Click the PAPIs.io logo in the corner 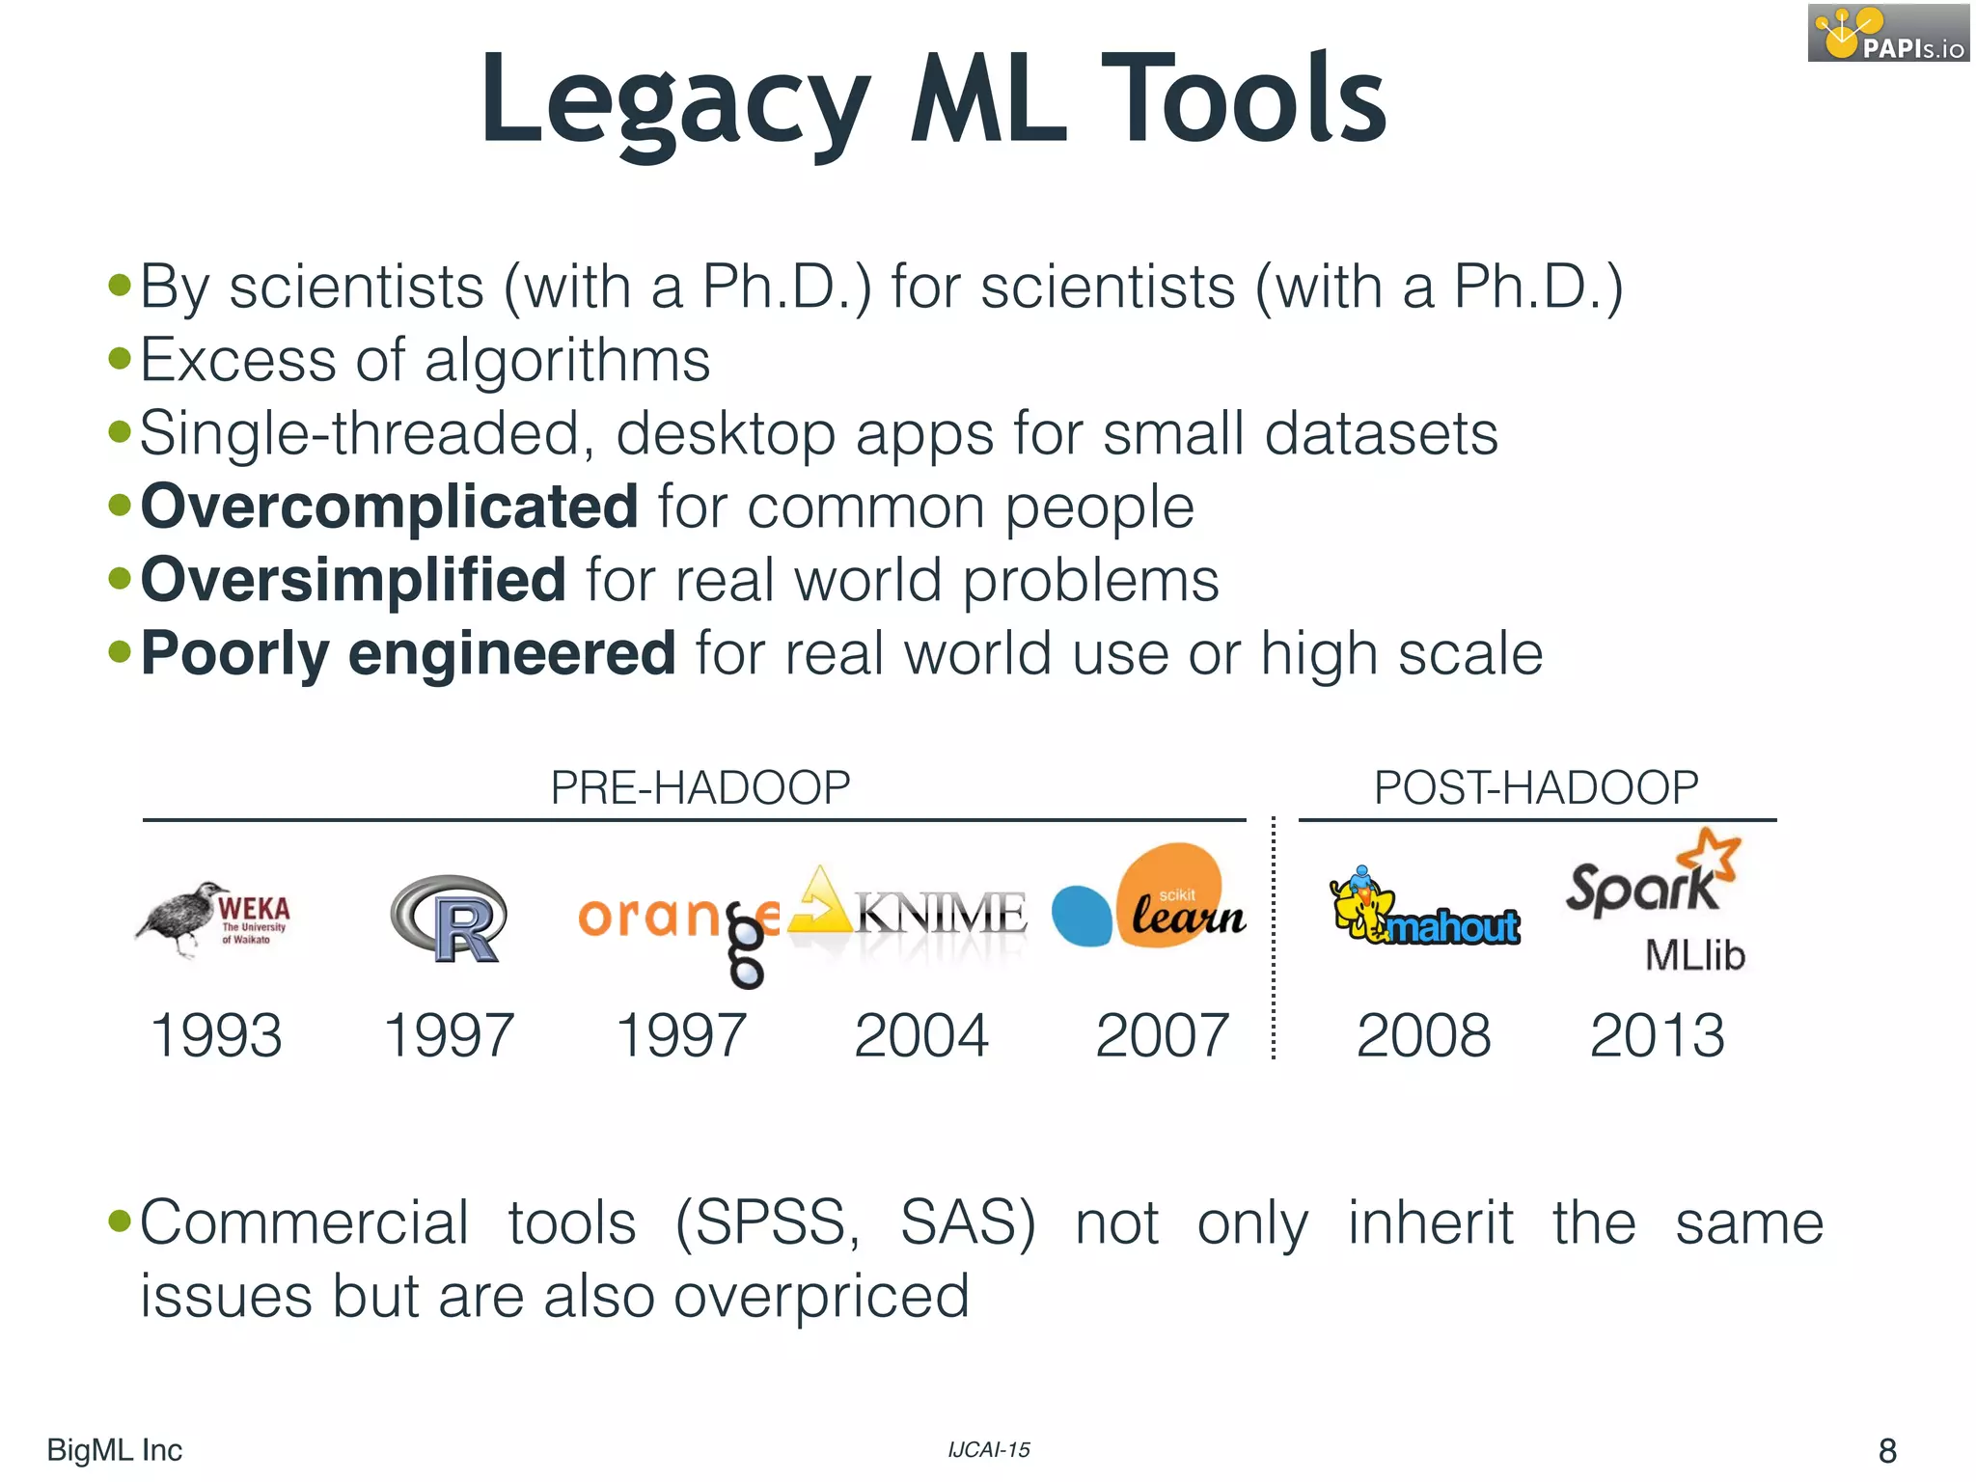(1888, 33)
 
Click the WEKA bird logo (213, 918)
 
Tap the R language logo (450, 919)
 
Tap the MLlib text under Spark (1694, 955)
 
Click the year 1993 (217, 1035)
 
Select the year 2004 (921, 1035)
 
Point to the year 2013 (1657, 1035)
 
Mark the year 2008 (1423, 1035)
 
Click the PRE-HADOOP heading (700, 787)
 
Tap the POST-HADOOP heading (1536, 787)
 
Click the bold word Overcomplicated (390, 506)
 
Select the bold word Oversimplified (353, 579)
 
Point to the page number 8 (1887, 1450)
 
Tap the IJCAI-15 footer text (989, 1449)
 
